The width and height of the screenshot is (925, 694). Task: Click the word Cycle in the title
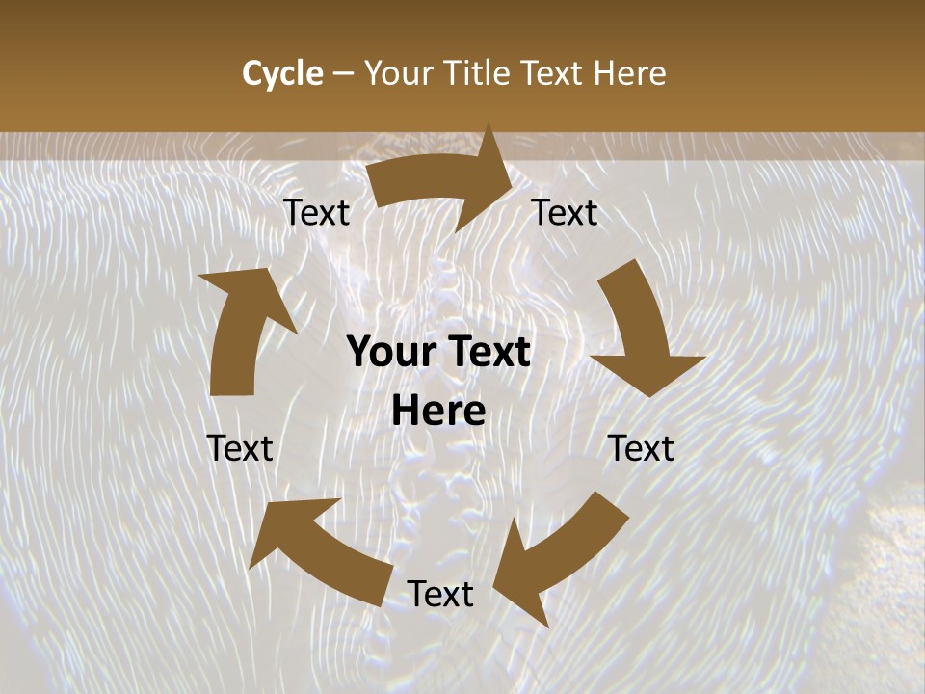tap(282, 73)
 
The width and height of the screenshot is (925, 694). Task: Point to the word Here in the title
tap(630, 73)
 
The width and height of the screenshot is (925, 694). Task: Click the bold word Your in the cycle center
tap(389, 353)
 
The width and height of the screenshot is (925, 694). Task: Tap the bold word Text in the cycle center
tap(487, 353)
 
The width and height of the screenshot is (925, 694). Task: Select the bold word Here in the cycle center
tap(438, 412)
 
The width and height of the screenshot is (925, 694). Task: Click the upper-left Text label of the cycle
tap(316, 213)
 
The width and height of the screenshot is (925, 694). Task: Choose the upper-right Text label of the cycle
tap(565, 213)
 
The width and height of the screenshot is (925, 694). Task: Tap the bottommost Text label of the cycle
tap(439, 594)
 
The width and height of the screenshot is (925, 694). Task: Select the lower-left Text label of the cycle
tap(240, 448)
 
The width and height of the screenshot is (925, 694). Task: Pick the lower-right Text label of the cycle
tap(641, 448)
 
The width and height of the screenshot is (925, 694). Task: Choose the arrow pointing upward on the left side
tap(241, 328)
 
